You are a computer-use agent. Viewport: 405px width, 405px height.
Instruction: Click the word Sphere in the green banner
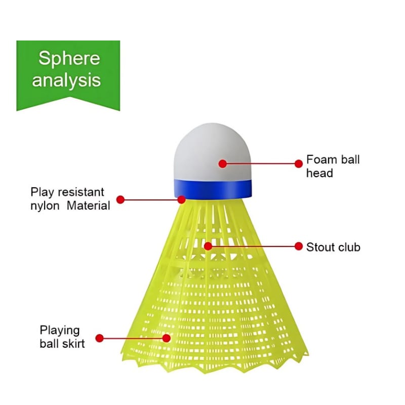(69, 58)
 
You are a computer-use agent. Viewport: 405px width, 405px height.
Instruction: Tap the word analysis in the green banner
(66, 80)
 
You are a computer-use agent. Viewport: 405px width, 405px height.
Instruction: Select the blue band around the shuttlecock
(213, 188)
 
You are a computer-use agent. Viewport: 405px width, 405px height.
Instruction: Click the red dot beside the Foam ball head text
(298, 163)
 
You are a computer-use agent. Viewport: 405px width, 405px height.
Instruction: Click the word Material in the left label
(89, 206)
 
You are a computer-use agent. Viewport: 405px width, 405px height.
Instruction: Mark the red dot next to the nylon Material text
(120, 199)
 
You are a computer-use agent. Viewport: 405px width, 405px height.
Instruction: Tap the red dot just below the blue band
(182, 199)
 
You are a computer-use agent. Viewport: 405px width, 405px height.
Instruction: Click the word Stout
(320, 247)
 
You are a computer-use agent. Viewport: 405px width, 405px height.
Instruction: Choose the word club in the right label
(349, 247)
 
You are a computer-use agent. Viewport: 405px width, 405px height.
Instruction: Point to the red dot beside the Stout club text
(298, 247)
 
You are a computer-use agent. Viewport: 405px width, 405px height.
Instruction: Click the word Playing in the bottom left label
(60, 331)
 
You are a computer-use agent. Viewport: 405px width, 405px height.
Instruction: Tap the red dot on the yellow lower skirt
(167, 338)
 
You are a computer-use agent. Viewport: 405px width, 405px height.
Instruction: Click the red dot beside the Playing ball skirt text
(99, 338)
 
